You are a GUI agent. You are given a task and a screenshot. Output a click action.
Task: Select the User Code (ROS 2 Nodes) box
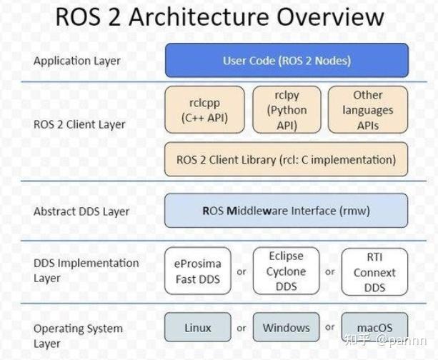coord(287,61)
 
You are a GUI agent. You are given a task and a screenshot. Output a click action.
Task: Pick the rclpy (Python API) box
coord(286,110)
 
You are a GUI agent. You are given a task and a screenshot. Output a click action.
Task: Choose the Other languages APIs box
coord(367,110)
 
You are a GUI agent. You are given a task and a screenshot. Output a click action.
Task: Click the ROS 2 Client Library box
coord(286,159)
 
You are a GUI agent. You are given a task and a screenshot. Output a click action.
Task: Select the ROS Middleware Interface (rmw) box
coord(286,211)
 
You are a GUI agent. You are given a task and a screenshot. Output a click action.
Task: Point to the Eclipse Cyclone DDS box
coord(287,271)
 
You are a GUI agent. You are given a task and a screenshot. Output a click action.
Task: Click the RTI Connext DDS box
coord(374,271)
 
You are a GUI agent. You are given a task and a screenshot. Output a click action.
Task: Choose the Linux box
coord(198,328)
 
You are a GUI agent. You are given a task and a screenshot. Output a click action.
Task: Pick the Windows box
coord(286,328)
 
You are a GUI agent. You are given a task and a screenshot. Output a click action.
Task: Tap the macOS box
coord(374,328)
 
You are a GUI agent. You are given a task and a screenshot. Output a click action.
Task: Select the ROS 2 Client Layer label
coord(79,124)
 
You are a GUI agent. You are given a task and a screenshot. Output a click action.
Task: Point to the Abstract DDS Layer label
coord(81,211)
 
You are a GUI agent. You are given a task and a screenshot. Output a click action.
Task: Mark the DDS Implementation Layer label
coord(86,270)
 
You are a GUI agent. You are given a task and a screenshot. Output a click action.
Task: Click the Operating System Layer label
coord(78,336)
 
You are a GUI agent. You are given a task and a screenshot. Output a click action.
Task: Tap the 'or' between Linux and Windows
coord(242,328)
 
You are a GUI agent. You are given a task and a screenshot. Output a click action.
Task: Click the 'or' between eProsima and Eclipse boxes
coord(242,272)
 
